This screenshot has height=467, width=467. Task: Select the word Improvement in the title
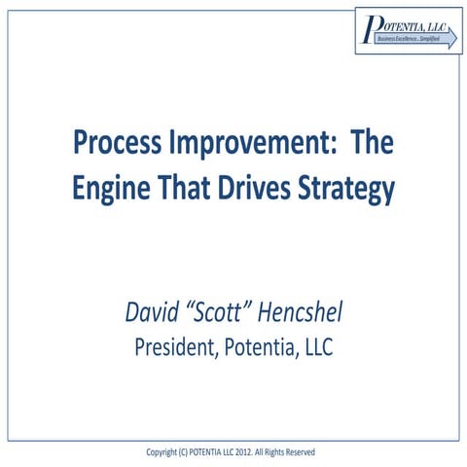(246, 148)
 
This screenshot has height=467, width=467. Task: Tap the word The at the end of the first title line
(371, 147)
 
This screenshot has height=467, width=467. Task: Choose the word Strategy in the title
(350, 188)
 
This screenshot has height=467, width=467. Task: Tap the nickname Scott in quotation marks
(225, 313)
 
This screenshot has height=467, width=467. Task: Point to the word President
(178, 346)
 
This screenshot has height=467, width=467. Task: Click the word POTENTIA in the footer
(208, 452)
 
